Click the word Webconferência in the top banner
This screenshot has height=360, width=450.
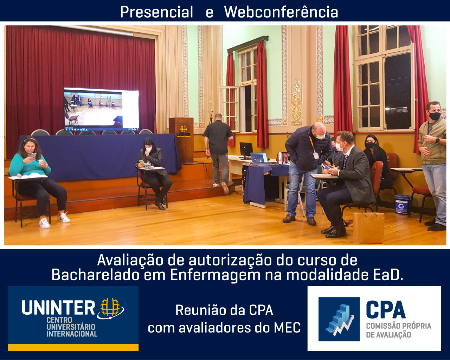click(281, 12)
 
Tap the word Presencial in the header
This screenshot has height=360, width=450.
click(156, 12)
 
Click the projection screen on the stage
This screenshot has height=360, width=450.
click(101, 109)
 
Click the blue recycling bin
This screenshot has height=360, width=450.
click(402, 204)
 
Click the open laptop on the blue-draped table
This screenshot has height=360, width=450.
click(260, 159)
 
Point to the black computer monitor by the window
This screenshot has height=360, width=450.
click(246, 149)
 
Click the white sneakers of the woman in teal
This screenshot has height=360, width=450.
click(54, 220)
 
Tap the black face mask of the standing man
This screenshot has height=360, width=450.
click(434, 116)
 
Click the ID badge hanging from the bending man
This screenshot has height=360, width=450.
click(316, 155)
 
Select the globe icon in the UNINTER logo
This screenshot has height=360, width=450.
click(110, 308)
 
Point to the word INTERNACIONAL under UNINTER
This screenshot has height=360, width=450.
click(72, 334)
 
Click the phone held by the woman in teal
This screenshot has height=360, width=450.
click(33, 156)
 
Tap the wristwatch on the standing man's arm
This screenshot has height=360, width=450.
click(437, 141)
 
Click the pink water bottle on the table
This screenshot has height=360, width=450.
click(285, 159)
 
